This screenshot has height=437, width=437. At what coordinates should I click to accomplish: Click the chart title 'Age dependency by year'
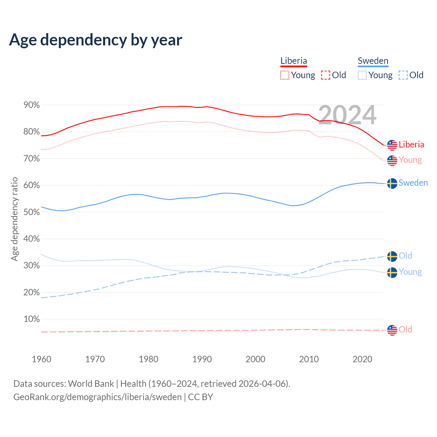point(96,40)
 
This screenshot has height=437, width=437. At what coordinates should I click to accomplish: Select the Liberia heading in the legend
point(294,61)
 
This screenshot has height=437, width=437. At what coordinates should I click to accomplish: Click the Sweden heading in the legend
point(373,61)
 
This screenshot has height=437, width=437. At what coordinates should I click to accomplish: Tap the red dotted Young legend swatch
point(285,75)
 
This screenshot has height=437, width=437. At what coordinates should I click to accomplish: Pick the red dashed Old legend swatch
point(326,75)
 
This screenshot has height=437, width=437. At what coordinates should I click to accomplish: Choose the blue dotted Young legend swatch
point(362,75)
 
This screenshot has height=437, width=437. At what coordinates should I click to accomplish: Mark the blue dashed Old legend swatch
point(403,75)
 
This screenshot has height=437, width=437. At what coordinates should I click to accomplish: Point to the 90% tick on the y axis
point(31,105)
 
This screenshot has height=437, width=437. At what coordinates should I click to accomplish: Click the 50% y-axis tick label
point(31,212)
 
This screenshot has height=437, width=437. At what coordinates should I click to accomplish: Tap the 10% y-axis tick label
point(31,319)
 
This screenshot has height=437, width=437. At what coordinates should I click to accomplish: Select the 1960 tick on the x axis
point(41,359)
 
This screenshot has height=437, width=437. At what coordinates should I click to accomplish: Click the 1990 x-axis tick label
point(202,359)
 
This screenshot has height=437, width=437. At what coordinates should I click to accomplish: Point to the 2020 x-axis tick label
point(362,359)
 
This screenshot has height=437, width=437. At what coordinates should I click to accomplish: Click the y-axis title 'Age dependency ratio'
point(14,219)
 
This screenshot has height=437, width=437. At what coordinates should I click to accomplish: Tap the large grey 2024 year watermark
point(347,115)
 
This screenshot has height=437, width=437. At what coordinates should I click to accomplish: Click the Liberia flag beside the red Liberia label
point(392,145)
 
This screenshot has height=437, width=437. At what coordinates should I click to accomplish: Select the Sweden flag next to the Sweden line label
point(392,183)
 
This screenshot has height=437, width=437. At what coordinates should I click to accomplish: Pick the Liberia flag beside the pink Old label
point(392,330)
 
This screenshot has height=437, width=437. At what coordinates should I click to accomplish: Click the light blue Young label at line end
point(410,272)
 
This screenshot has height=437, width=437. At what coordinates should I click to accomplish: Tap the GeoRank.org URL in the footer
point(97,397)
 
